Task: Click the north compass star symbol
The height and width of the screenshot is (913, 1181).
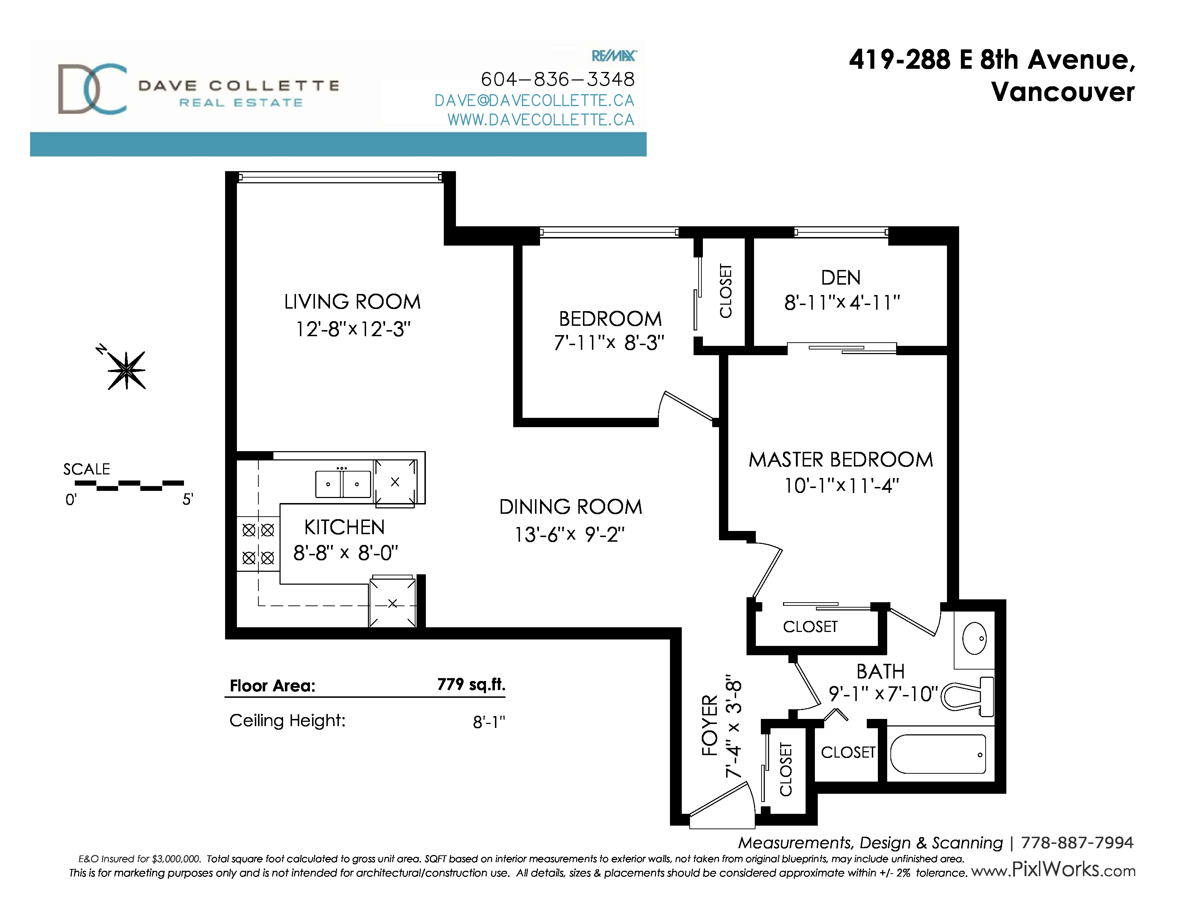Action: click(x=127, y=371)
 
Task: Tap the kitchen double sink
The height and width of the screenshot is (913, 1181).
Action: click(x=343, y=484)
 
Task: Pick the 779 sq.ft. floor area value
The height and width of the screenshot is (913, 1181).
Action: click(x=471, y=685)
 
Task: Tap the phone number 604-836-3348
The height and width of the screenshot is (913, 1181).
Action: click(x=558, y=79)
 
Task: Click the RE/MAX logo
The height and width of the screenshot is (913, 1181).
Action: click(x=614, y=56)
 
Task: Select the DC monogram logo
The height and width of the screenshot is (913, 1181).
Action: click(x=92, y=89)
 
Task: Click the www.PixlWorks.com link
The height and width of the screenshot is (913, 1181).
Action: click(x=1053, y=870)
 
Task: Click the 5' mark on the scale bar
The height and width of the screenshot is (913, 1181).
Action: click(x=187, y=499)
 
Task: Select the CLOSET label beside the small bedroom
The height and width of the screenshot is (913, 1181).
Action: click(x=726, y=291)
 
